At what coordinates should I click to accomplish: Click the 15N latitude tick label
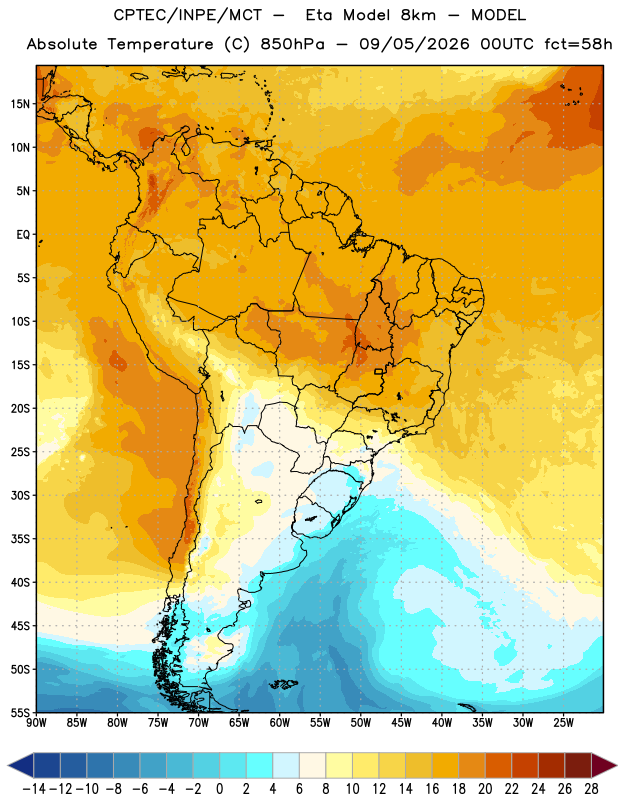pyautogui.click(x=20, y=104)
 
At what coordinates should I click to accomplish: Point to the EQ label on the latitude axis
pyautogui.click(x=23, y=235)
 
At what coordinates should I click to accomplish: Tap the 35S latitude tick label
pyautogui.click(x=20, y=539)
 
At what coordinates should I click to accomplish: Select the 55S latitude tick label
pyautogui.click(x=20, y=713)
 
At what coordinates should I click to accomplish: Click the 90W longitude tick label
pyautogui.click(x=37, y=723)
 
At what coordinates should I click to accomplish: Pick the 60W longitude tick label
pyautogui.click(x=280, y=723)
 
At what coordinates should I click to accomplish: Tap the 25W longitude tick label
pyautogui.click(x=563, y=723)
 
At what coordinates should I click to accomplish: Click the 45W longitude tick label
pyautogui.click(x=401, y=723)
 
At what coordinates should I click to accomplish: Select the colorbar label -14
pyautogui.click(x=34, y=789)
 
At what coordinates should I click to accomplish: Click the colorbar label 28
pyautogui.click(x=591, y=789)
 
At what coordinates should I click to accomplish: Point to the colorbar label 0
pyautogui.click(x=219, y=789)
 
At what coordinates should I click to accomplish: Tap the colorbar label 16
pyautogui.click(x=432, y=789)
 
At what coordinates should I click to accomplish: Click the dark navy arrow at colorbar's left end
pyautogui.click(x=21, y=765)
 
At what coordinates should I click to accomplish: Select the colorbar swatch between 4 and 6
pyautogui.click(x=286, y=765)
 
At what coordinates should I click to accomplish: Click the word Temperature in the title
pyautogui.click(x=160, y=44)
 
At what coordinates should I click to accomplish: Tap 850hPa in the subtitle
pyautogui.click(x=292, y=44)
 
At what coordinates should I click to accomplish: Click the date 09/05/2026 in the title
pyautogui.click(x=414, y=44)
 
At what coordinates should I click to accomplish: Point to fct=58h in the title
pyautogui.click(x=578, y=44)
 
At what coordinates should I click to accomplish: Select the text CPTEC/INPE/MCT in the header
pyautogui.click(x=188, y=15)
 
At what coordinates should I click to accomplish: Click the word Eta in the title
pyautogui.click(x=319, y=15)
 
